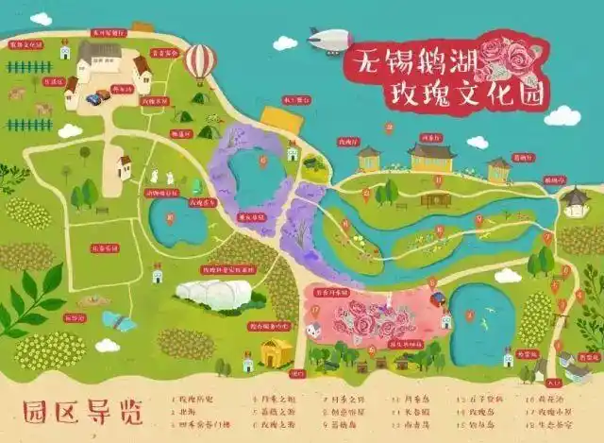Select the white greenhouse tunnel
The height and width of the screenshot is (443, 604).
pyautogui.click(x=213, y=293)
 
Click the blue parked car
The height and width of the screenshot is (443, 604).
pyautogui.click(x=93, y=97)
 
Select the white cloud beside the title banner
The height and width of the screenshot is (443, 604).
pyautogui.click(x=562, y=115)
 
